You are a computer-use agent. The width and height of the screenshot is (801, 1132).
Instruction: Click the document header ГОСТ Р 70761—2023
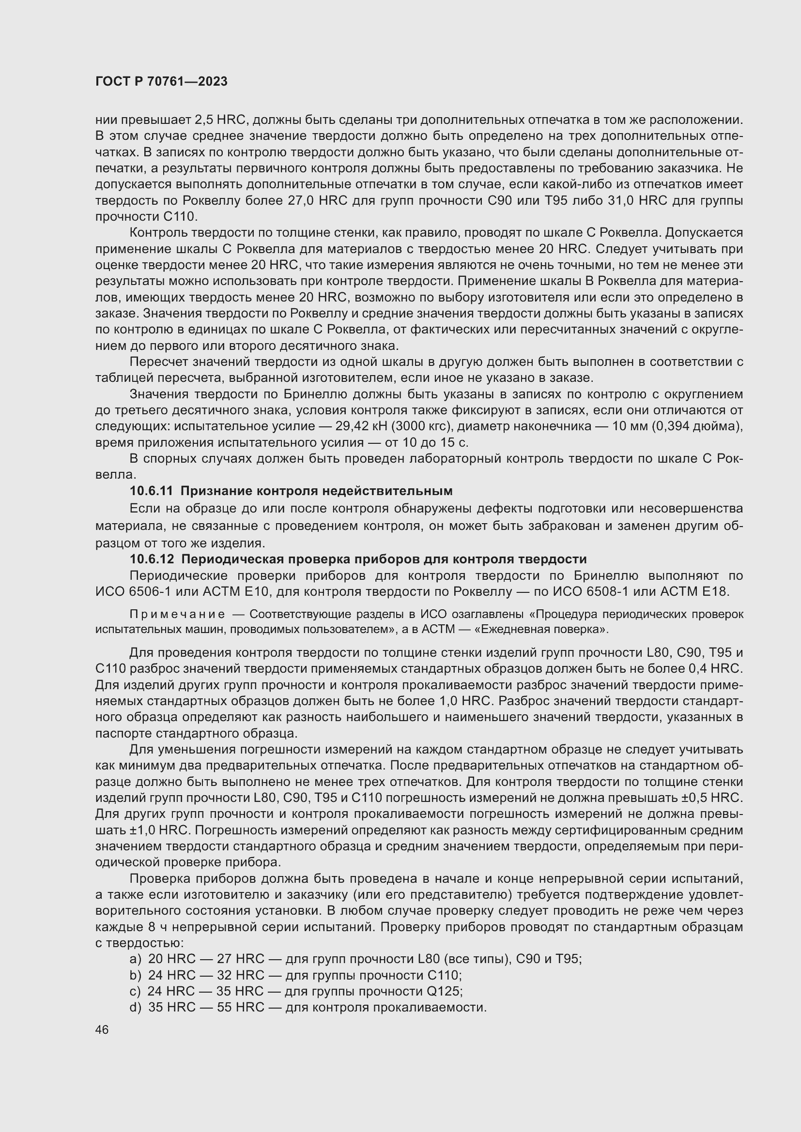tap(161, 81)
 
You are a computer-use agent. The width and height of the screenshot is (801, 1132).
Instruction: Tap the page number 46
tap(102, 1030)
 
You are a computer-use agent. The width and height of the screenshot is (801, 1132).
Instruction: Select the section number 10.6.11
tap(151, 491)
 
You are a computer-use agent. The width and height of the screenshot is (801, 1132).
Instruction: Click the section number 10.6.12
tap(151, 559)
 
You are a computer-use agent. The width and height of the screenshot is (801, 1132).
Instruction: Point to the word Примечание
tap(177, 614)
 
